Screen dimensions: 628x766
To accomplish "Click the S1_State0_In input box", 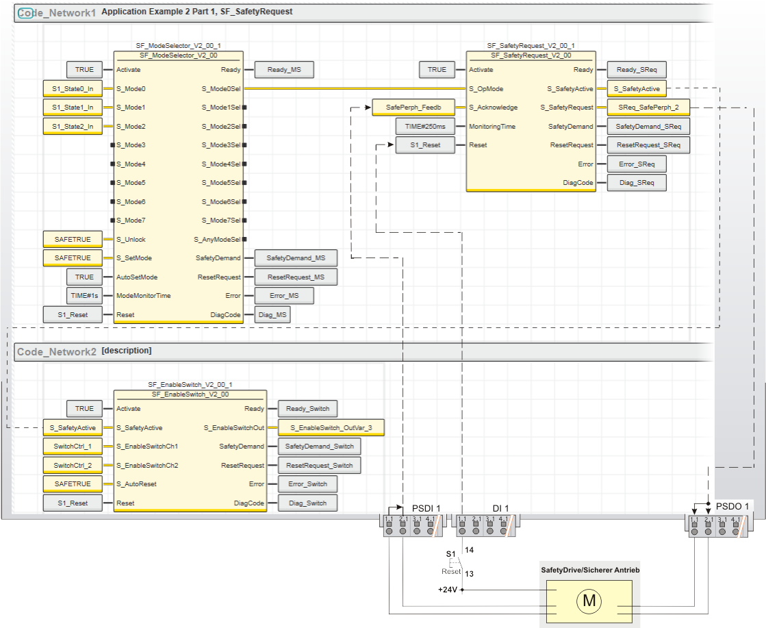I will click(73, 88).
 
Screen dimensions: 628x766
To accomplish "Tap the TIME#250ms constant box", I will click(425, 126).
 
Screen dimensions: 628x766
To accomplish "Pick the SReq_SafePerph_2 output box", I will click(648, 108).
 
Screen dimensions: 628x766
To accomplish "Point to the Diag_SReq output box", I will click(636, 183).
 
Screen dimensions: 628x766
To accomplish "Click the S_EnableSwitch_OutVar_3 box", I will click(331, 427).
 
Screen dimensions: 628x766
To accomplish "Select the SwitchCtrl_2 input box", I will click(73, 465).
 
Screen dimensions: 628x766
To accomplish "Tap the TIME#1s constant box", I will click(84, 296).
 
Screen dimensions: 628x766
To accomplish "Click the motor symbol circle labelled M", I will click(588, 601).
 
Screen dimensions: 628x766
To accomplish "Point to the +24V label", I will click(448, 589).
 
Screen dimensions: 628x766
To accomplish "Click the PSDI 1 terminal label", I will click(426, 508).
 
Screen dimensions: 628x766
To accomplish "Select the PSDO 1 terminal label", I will click(732, 505).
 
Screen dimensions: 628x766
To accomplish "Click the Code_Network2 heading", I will click(57, 351).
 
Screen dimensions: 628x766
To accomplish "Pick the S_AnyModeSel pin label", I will click(217, 239).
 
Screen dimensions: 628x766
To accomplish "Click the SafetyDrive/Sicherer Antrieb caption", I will click(590, 570).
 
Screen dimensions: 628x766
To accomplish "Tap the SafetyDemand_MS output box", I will click(296, 258).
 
